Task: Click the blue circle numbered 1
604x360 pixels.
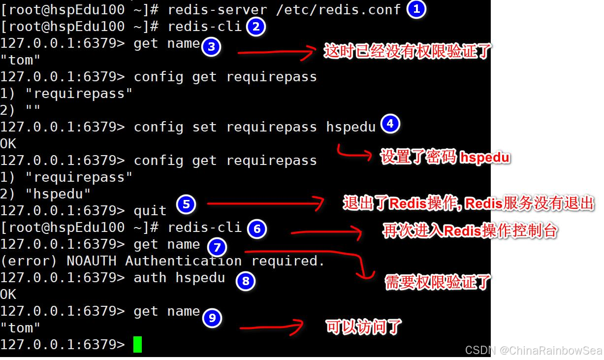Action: [416, 9]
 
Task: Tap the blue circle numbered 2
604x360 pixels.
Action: [255, 27]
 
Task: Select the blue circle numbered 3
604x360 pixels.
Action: [211, 47]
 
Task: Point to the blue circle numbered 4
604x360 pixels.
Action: [390, 124]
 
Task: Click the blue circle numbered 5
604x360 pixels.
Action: [186, 204]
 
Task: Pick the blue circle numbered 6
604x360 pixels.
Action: [256, 229]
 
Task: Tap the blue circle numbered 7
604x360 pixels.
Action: [217, 247]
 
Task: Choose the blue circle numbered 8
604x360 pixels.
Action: [245, 281]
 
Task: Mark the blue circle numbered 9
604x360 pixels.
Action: [212, 318]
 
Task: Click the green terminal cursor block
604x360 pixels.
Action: [137, 344]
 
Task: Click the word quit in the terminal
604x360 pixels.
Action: [150, 211]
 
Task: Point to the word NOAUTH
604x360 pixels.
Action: [92, 261]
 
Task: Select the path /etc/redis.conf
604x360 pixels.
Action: [338, 10]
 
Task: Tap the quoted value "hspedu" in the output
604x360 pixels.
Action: [58, 194]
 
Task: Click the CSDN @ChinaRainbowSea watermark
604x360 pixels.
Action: [533, 350]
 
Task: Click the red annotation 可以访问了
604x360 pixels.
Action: [363, 327]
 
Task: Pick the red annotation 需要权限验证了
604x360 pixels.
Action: [437, 282]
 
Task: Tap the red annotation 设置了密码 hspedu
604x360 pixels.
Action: [445, 157]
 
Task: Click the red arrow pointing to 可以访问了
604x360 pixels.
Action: [271, 327]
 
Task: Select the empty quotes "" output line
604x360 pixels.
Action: [20, 110]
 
